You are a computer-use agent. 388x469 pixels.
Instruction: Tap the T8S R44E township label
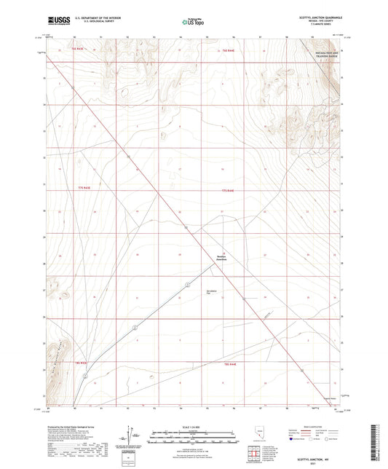(230, 362)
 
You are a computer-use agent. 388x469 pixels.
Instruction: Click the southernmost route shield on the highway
(85, 377)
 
